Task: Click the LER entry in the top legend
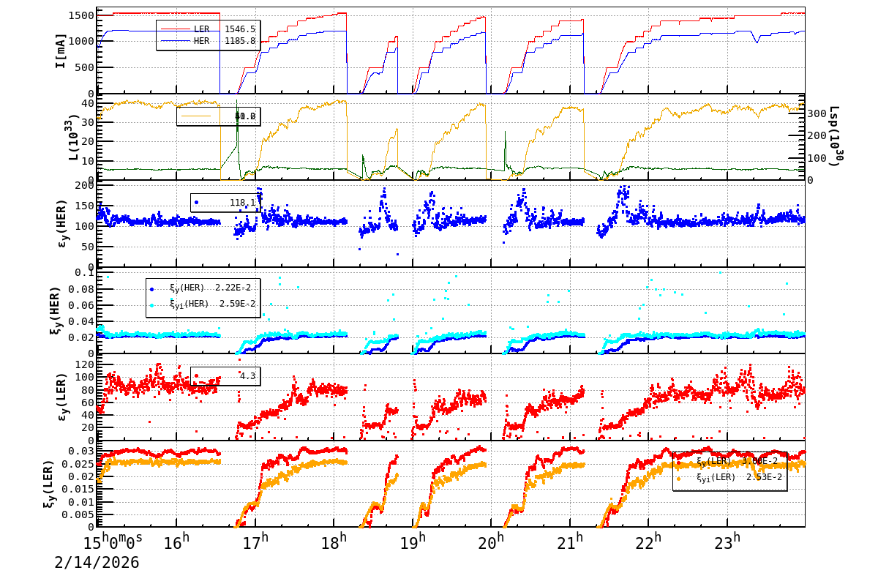point(201,29)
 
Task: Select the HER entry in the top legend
point(201,41)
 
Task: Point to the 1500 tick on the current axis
point(82,15)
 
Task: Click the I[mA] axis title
point(61,51)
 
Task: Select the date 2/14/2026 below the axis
point(97,563)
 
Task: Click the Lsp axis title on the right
point(835,135)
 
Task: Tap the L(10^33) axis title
point(61,135)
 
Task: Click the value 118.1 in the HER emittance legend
point(242,203)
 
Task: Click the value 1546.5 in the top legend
point(239,29)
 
